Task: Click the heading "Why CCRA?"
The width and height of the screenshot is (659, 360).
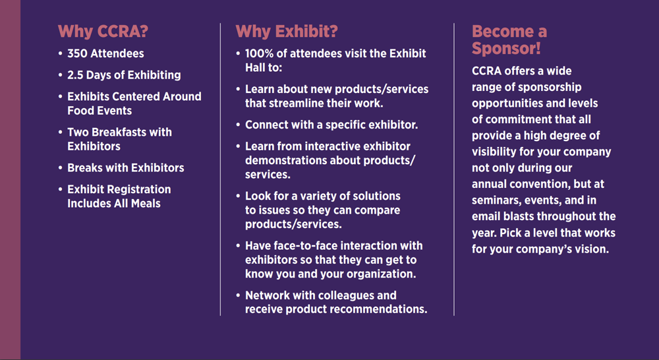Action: [x=103, y=32]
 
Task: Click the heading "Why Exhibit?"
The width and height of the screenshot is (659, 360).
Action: [x=287, y=32]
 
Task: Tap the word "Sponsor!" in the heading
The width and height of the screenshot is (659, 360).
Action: [x=506, y=49]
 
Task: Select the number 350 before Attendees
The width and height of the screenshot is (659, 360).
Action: [x=77, y=53]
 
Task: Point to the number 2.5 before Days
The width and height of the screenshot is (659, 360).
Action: [x=75, y=75]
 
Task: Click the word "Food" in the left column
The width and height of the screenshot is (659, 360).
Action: [x=80, y=111]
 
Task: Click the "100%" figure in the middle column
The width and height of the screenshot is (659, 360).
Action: [x=257, y=53]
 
